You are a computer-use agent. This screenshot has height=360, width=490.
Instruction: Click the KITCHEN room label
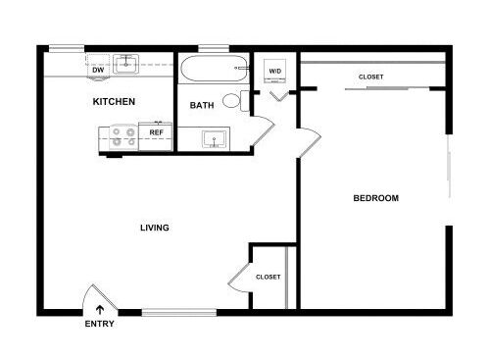pos(114,102)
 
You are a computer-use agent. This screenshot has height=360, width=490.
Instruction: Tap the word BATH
pos(202,105)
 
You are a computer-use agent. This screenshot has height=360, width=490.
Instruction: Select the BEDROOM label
pos(376,198)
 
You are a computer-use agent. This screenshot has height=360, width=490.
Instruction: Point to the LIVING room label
pos(155,228)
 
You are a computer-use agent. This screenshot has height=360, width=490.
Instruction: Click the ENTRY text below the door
pos(99,324)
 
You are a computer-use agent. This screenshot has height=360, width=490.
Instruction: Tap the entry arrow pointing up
pos(100,310)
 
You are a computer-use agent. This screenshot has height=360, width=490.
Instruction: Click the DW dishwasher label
pos(98,70)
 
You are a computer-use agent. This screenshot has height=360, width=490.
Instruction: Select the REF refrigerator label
pos(156,132)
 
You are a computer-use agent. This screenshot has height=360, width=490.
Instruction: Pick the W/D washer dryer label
pos(274,71)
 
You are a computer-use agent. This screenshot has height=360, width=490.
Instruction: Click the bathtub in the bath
pos(215,69)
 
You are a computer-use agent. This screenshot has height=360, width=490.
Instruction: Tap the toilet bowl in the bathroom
pos(231,101)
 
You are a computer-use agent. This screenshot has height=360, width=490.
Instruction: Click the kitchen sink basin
pos(125,65)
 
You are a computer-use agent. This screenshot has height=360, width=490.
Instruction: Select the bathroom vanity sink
pos(214,139)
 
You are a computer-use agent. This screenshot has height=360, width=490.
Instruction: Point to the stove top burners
pos(123,137)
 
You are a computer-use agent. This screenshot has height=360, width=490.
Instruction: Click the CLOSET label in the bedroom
pos(370,77)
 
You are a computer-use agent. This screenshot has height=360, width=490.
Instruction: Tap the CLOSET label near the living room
pos(268,277)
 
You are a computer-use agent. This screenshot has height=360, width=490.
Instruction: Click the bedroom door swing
pos(310,141)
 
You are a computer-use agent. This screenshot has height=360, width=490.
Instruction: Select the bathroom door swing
pos(263,130)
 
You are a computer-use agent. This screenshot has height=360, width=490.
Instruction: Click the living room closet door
pos(240,278)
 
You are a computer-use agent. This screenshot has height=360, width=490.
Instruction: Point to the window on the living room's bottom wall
pos(179,312)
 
